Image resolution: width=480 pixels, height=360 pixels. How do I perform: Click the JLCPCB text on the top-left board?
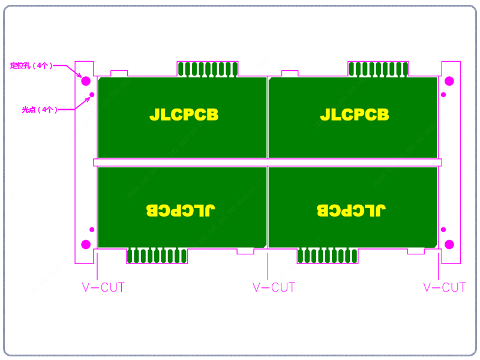[x=183, y=114]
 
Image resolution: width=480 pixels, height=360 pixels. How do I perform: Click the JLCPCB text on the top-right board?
[x=354, y=114]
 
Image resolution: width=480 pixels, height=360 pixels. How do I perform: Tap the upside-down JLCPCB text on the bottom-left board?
[x=181, y=210]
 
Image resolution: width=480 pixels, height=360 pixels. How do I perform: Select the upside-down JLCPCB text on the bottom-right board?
[x=351, y=210]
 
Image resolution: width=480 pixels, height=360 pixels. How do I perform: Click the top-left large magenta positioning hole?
[x=86, y=81]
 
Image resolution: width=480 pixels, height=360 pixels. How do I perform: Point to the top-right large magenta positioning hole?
[x=449, y=81]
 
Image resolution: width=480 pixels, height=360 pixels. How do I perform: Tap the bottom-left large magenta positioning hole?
[x=86, y=244]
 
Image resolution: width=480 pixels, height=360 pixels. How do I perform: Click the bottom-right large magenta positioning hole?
[x=449, y=244]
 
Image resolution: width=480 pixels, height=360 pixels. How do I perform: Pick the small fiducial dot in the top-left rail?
[x=92, y=95]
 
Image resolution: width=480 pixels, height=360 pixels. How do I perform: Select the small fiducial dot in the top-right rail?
[x=443, y=95]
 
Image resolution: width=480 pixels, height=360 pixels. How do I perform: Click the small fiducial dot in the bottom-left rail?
[x=92, y=229]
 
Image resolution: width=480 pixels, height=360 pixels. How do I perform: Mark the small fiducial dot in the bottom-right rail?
[x=443, y=229]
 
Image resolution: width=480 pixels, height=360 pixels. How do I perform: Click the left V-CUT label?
[x=103, y=287]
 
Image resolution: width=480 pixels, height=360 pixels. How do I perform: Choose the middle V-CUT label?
[x=274, y=287]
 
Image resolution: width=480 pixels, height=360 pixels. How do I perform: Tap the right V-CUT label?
[x=445, y=287]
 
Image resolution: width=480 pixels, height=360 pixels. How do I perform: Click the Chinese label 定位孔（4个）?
[x=31, y=65]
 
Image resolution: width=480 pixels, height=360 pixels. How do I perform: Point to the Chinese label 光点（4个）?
[x=39, y=110]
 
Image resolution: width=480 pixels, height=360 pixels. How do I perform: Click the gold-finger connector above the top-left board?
[x=208, y=69]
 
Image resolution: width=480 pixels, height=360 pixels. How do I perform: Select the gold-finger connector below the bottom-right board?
[x=328, y=256]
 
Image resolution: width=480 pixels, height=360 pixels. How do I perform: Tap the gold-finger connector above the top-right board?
[x=379, y=69]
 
